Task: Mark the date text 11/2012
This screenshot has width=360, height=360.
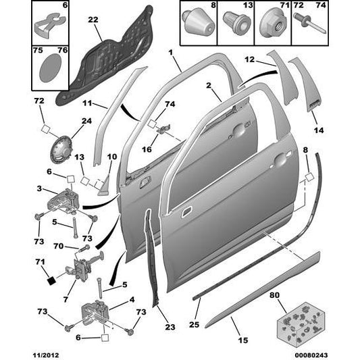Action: coord(18,353)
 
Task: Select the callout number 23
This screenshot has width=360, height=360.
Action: coord(170,328)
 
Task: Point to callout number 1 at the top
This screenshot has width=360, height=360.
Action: coord(171,52)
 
